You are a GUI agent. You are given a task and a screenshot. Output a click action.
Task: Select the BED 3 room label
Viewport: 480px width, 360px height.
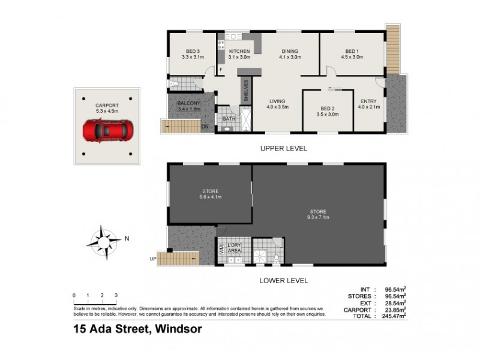193,52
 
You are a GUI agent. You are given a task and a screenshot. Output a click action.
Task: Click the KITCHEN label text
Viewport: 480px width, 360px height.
240,52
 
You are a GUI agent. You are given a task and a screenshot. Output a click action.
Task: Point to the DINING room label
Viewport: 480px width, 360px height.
290,52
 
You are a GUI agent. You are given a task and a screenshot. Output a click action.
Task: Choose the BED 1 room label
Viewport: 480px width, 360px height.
352,52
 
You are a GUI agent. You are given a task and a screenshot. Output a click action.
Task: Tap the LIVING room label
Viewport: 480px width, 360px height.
277,101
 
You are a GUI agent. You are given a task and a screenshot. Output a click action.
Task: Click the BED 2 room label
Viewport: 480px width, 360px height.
329,109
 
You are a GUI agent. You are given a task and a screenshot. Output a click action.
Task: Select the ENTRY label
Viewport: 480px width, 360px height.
368,101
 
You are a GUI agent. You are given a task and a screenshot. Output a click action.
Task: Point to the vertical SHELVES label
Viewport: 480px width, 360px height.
245,91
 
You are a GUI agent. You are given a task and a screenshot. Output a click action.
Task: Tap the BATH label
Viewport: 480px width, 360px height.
229,119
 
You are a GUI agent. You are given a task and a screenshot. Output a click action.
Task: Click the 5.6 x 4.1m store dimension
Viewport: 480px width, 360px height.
211,196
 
